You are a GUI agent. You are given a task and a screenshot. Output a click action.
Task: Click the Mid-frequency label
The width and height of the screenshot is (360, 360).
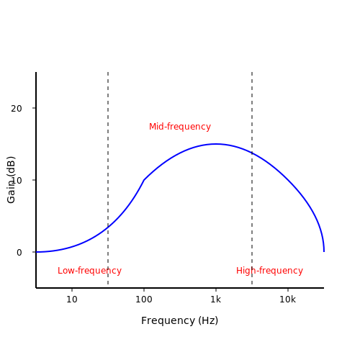point(180,127)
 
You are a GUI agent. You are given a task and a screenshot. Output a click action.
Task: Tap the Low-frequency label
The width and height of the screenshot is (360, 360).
point(89,271)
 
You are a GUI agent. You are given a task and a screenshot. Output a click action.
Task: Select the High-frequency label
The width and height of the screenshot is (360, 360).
point(269,271)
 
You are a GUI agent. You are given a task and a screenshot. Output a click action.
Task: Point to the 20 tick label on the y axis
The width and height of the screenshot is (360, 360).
point(17,109)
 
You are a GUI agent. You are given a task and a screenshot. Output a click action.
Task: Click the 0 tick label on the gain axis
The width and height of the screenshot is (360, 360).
point(19,253)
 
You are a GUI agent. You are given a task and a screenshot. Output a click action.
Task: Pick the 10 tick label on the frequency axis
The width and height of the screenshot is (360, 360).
point(72,300)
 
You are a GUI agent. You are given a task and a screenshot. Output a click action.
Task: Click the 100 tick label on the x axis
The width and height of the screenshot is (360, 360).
point(144,300)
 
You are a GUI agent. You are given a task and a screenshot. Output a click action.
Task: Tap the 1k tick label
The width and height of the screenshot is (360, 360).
point(215,300)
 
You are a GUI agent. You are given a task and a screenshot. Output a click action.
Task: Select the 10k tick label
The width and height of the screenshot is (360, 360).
point(287,300)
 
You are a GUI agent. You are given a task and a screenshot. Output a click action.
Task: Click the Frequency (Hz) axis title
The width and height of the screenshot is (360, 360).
point(180,320)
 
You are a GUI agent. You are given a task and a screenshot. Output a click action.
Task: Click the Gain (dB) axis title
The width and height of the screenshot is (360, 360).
point(11,180)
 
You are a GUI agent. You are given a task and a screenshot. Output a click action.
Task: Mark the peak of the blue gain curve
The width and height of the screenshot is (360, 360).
point(216,144)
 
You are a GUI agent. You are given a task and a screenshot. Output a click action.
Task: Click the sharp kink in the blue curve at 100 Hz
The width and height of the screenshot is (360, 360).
point(144,180)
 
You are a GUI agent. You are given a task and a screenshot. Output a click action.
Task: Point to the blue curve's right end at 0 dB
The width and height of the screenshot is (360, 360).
point(324,251)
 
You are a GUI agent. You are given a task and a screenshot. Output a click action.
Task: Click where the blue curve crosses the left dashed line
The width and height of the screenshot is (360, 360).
point(108,227)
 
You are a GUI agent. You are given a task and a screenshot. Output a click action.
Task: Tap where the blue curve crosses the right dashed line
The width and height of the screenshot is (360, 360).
point(252,153)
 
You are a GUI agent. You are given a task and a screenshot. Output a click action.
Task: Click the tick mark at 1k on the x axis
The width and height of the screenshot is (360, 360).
point(216,289)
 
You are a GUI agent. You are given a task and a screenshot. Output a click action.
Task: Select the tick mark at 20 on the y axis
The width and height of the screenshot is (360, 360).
point(34,108)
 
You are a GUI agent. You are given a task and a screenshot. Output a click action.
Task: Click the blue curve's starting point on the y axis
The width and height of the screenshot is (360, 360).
point(36,252)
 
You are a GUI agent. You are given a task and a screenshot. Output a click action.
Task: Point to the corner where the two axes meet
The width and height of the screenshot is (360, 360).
point(36,288)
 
